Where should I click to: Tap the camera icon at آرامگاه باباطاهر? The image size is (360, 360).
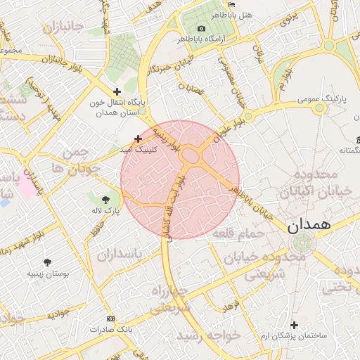202,28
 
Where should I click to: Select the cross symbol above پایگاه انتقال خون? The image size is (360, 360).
117,91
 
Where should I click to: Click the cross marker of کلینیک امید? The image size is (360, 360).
138,139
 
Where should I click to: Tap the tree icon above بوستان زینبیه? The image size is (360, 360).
47,262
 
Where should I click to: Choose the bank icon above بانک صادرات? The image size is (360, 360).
110,319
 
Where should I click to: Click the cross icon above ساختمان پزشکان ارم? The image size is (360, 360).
294,325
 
